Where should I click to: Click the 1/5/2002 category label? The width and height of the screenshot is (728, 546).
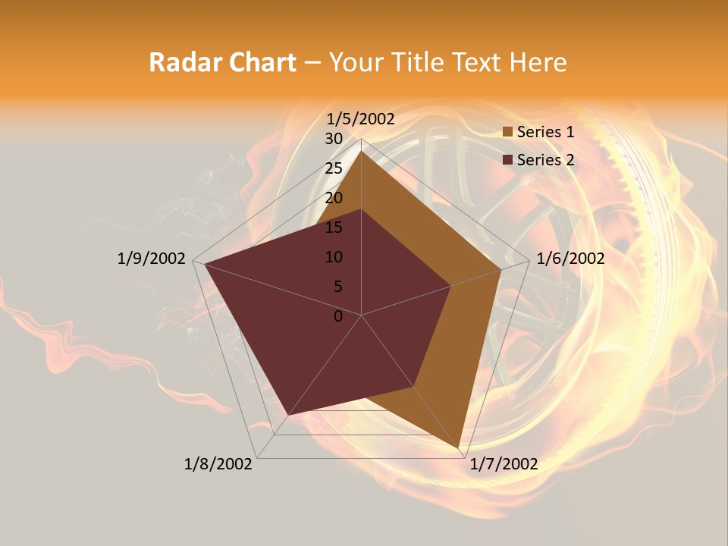(x=361, y=119)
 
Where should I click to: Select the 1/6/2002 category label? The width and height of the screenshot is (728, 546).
(x=570, y=259)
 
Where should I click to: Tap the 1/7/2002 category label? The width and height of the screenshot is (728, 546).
(x=504, y=464)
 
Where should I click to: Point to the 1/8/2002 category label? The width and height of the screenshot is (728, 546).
(x=218, y=464)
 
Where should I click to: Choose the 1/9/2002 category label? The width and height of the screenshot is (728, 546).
(x=152, y=259)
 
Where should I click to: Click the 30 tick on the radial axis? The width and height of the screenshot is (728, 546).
(x=334, y=139)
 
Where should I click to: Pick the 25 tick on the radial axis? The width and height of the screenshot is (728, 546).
(x=334, y=168)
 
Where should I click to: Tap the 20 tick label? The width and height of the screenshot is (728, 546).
(x=334, y=198)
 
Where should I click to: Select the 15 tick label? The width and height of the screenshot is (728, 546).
(x=334, y=227)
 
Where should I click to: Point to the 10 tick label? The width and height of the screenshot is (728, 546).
(x=334, y=257)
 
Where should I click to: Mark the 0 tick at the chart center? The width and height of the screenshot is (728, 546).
(x=338, y=316)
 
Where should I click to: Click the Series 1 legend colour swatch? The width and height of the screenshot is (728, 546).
(x=507, y=132)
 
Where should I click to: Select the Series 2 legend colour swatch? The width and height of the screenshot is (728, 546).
(x=507, y=160)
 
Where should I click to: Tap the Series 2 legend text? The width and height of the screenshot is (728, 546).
(x=545, y=160)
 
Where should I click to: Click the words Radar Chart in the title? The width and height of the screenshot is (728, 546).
(x=222, y=63)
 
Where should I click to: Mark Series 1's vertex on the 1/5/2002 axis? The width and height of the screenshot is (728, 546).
(x=362, y=150)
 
